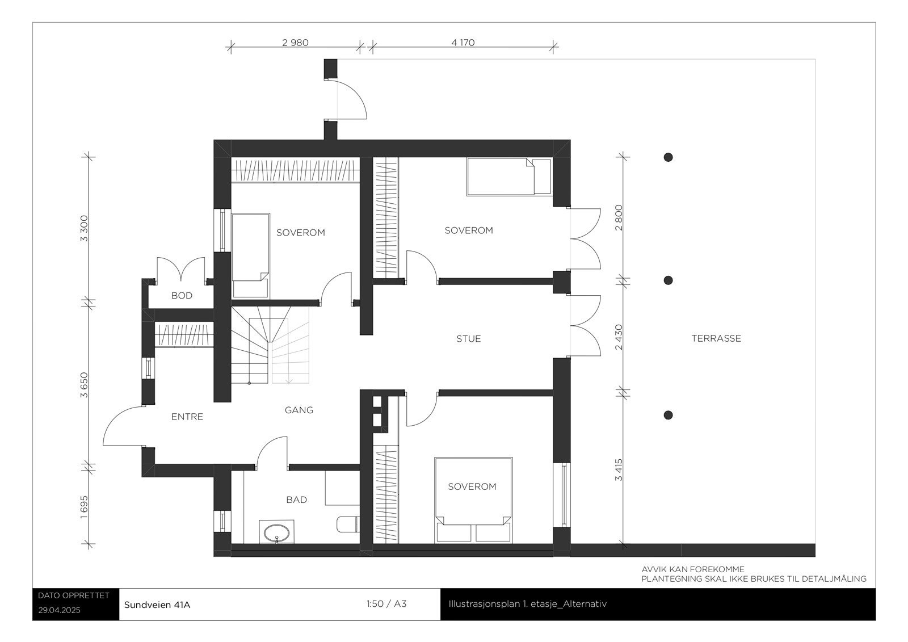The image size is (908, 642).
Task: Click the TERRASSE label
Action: point(716,338)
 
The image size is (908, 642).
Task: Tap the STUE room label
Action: point(468,339)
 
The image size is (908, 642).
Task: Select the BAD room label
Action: point(296,500)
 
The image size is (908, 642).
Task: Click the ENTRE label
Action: point(187,417)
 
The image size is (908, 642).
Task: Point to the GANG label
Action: point(299,410)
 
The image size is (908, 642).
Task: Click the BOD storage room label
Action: point(182,295)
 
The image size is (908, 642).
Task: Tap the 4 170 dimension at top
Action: point(463,43)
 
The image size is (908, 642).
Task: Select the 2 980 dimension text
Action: point(295,43)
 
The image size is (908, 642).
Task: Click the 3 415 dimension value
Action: point(619,469)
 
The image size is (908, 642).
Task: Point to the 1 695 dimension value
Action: point(84,507)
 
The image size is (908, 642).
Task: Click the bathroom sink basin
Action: point(277,532)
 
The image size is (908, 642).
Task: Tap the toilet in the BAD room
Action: point(347,524)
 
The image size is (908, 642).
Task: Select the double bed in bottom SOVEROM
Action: point(473,500)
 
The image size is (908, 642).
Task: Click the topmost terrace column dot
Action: point(669,157)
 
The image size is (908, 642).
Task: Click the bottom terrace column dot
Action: point(669,416)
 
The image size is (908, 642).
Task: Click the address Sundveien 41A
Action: point(157,605)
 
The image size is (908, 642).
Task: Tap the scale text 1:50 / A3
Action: point(386,604)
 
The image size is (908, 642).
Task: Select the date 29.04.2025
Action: point(60,611)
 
